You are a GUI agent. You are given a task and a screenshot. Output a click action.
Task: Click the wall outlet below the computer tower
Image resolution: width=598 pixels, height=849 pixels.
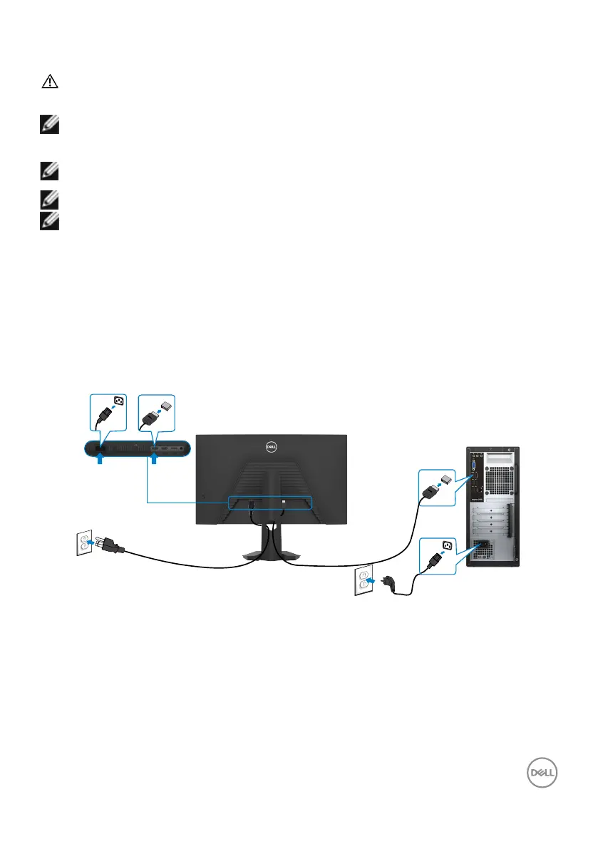coord(363,581)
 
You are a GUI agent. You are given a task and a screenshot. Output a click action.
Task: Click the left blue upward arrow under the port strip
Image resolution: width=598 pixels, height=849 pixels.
coord(100,462)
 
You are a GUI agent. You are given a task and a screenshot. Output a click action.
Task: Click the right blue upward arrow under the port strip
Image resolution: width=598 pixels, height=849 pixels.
coord(153,462)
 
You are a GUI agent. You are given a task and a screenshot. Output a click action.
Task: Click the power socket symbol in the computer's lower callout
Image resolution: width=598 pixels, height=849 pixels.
coord(448,547)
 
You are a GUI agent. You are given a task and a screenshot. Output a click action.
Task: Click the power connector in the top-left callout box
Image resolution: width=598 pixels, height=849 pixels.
coord(103,416)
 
